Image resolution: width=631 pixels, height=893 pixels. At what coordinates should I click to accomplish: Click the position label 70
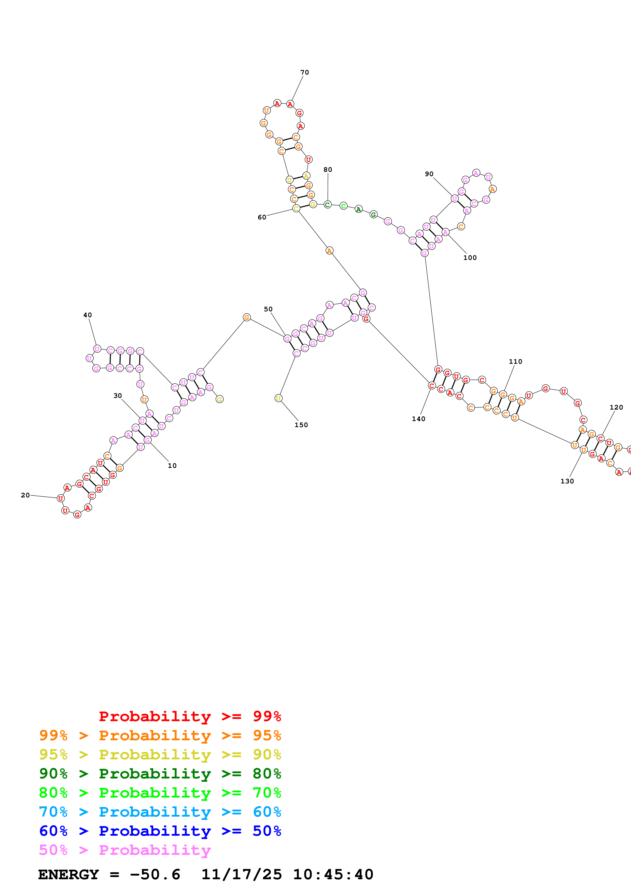[x=304, y=72]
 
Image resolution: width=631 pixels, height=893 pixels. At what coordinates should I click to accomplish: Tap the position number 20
[x=25, y=495]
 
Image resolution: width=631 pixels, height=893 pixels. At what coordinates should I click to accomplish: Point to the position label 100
[x=470, y=257]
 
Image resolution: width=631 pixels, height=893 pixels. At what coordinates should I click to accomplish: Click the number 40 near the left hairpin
[x=88, y=315]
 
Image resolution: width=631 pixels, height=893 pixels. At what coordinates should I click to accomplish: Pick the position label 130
[x=567, y=481]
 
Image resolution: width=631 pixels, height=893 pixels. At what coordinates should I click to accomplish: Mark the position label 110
[x=515, y=361]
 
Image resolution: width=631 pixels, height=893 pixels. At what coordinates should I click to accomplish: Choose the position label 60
[x=262, y=217]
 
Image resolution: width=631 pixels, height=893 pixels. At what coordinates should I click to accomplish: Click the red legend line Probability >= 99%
[x=190, y=716]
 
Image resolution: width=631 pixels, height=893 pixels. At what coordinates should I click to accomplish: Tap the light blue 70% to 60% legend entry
[x=160, y=812]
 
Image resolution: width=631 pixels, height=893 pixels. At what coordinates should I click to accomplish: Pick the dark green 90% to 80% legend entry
[x=160, y=774]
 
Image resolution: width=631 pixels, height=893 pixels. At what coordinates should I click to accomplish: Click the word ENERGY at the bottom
[x=68, y=874]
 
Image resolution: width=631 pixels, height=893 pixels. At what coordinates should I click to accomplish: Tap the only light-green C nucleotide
[x=343, y=206]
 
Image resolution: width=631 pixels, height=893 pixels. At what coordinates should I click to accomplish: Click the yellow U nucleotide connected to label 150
[x=278, y=398]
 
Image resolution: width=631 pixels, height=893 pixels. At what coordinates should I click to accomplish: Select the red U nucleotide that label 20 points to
[x=60, y=498]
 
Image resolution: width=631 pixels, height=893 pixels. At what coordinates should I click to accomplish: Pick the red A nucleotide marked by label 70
[x=290, y=104]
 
